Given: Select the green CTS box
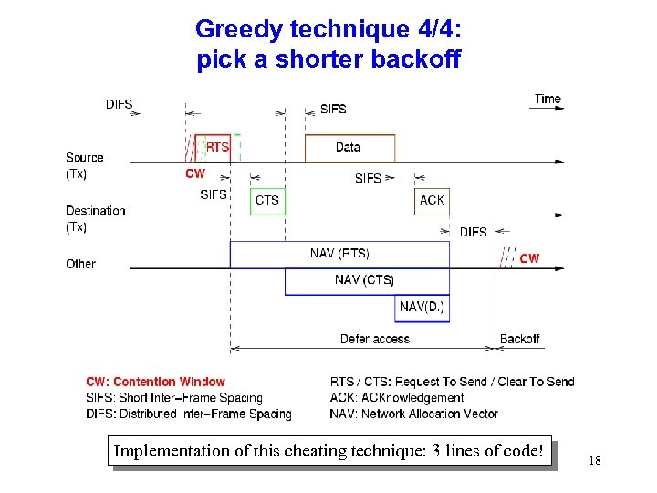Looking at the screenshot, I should (x=267, y=200).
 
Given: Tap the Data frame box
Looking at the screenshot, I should (x=349, y=148).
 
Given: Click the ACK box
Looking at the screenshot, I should (x=432, y=200).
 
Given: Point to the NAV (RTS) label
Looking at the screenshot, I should (x=339, y=253).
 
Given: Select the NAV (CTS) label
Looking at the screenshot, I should (x=364, y=279).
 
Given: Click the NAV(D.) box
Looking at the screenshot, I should (x=422, y=307).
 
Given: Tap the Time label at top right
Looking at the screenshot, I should (x=547, y=99).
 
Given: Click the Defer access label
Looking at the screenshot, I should (x=375, y=339).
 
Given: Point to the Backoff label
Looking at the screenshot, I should (x=519, y=339).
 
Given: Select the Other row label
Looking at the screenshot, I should (x=80, y=264).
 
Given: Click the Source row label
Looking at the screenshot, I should (x=84, y=157).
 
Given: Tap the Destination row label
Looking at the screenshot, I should (x=95, y=211).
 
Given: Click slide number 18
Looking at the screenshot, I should (x=595, y=462).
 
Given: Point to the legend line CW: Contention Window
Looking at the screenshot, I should (x=155, y=382).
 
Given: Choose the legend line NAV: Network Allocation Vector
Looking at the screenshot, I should (x=414, y=414).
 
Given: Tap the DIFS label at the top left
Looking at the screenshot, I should (x=119, y=104).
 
